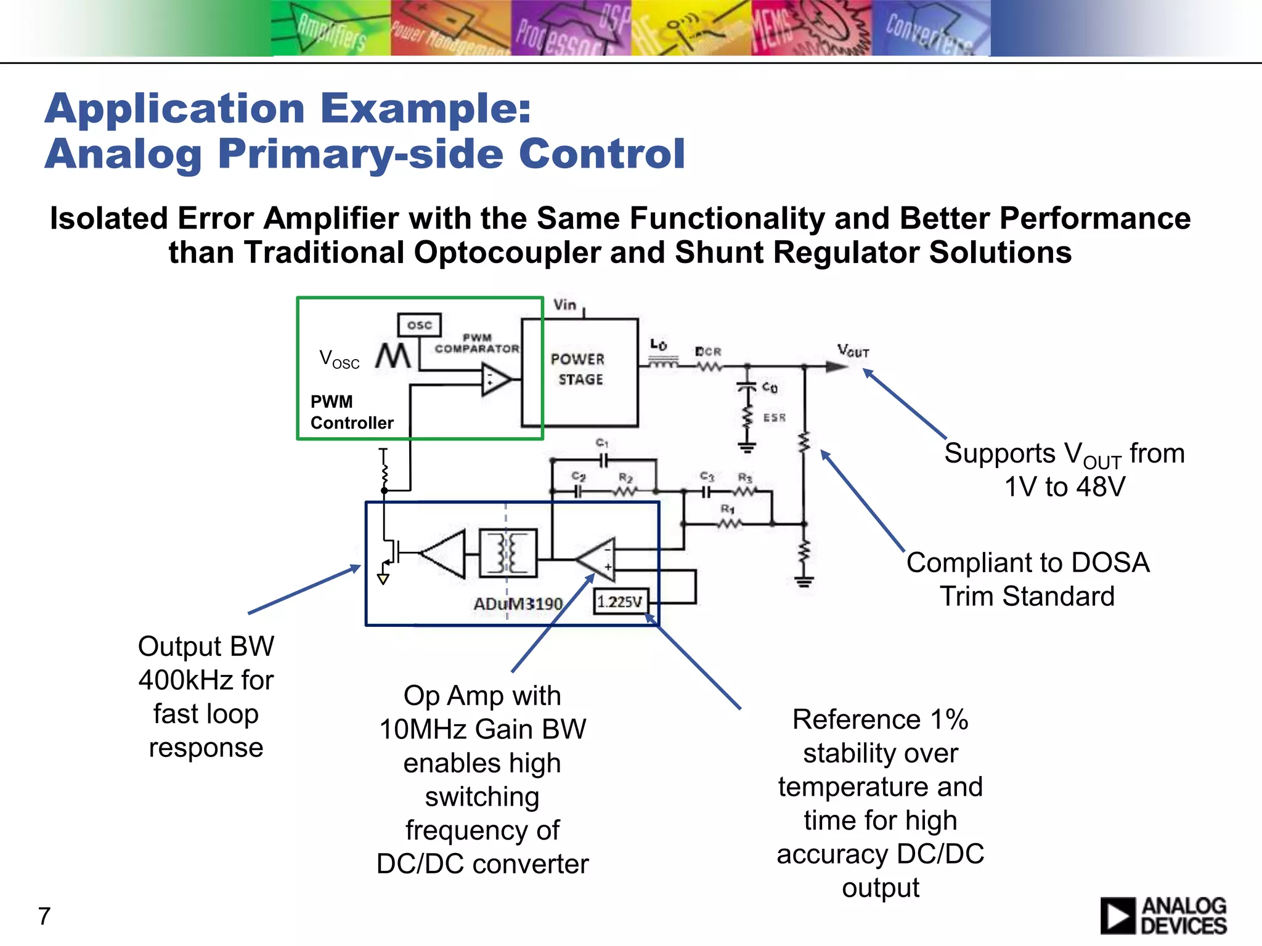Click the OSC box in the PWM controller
[419, 325]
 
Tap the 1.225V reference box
[620, 601]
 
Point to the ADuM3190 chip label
[518, 604]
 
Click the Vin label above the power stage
[564, 305]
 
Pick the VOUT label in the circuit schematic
[853, 351]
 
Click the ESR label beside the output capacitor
[774, 418]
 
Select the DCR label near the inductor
[708, 351]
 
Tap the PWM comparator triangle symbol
[495, 379]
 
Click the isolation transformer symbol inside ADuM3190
[508, 553]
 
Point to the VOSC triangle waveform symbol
[393, 356]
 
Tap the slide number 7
[44, 916]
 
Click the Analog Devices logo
[1163, 916]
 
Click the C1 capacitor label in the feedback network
[602, 443]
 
